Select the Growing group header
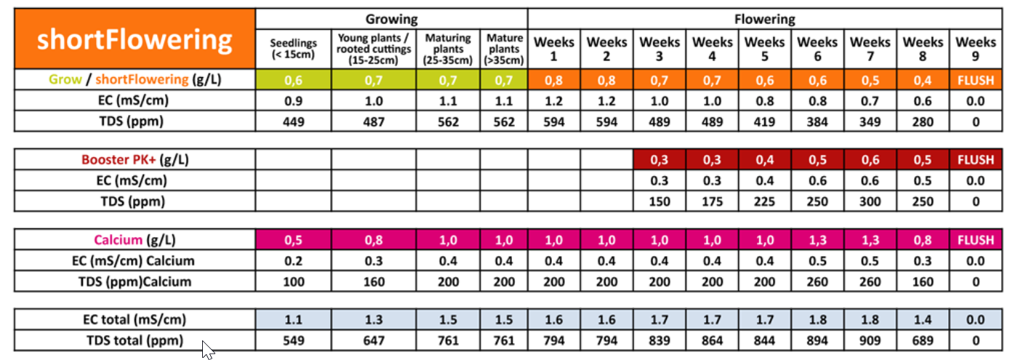coord(391,19)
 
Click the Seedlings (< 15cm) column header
coord(294,49)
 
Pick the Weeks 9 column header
coord(976,49)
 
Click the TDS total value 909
coord(870,340)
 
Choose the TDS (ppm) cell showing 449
coord(294,121)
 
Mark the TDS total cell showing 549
coord(294,340)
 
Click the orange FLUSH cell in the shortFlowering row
coord(976,79)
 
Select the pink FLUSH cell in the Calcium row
coord(976,239)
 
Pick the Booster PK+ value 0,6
coord(870,159)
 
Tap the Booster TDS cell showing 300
coord(870,201)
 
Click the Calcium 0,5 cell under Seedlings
coord(294,239)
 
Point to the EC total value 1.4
coord(923,319)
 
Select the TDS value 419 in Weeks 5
coord(764,121)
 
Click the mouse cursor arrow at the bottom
coord(208,350)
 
